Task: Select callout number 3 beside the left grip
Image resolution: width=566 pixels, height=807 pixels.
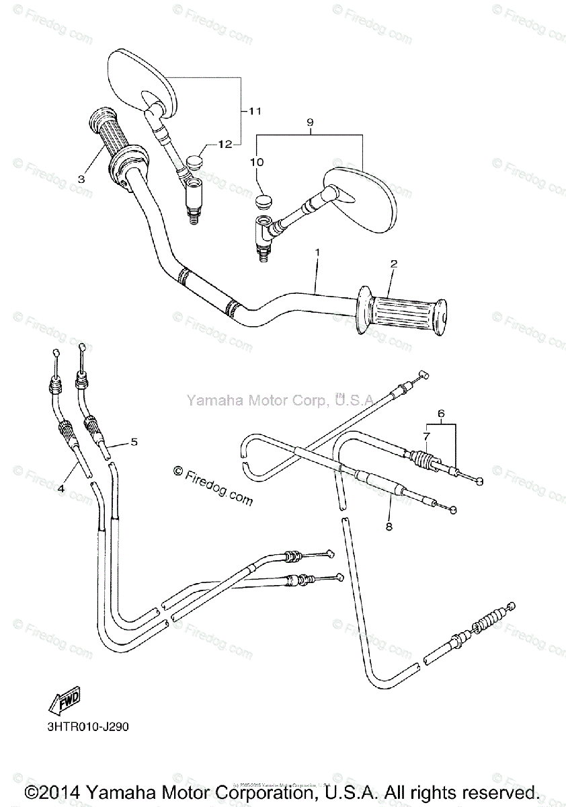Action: (81, 179)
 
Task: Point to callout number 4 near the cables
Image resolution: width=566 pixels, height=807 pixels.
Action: (60, 489)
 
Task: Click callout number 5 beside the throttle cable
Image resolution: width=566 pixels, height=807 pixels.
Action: (134, 442)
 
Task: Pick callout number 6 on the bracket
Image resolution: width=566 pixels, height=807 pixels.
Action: (441, 415)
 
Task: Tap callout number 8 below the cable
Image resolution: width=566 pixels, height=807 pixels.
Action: (388, 527)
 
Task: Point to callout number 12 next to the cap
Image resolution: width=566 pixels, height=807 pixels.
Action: (224, 143)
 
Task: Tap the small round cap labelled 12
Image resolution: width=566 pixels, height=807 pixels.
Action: (196, 162)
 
